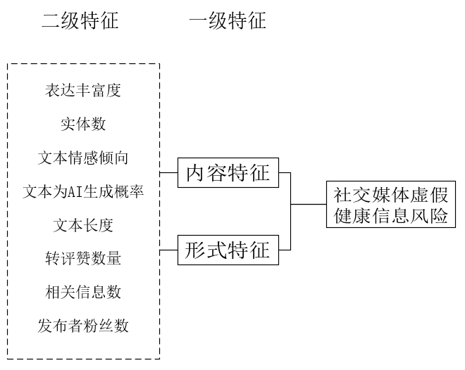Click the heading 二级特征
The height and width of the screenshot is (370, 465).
80,21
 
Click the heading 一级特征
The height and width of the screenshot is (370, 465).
228,21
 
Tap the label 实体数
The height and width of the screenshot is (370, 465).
83,125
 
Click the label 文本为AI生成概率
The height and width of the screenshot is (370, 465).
83,191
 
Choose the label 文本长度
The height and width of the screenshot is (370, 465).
83,225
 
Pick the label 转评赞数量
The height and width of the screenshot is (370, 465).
83,259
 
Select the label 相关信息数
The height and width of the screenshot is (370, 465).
83,292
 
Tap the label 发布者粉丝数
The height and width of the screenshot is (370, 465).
83,326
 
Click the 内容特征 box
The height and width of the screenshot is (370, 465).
228,173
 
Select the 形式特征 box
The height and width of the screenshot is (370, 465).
228,250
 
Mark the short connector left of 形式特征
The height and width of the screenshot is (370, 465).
168,250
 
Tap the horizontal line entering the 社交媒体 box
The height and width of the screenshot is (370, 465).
309,205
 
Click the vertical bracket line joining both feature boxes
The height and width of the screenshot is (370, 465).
291,211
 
